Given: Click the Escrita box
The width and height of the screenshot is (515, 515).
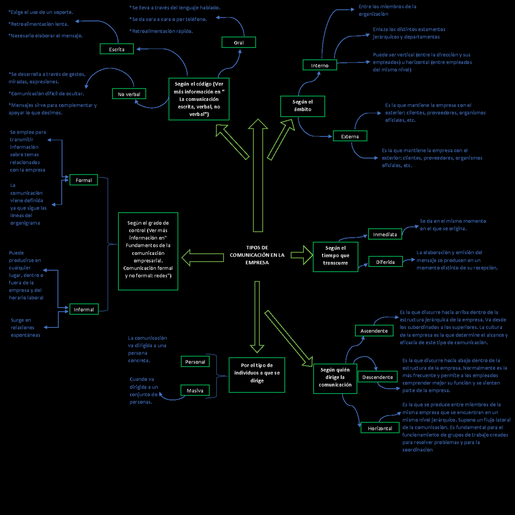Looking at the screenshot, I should click(x=117, y=49).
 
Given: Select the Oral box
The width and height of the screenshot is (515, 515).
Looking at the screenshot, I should click(x=239, y=42).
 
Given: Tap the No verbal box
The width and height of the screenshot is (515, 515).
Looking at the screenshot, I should click(x=129, y=94).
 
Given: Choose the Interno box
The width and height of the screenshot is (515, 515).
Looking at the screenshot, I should click(x=320, y=65).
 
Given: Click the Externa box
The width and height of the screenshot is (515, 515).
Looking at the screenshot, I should click(x=350, y=136).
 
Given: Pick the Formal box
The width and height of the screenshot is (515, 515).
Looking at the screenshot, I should click(x=84, y=180).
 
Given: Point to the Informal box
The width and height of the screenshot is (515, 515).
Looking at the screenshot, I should click(x=84, y=309).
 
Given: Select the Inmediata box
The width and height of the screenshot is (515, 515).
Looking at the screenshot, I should click(x=385, y=234).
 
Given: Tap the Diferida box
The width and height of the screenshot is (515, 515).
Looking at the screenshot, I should click(x=385, y=262).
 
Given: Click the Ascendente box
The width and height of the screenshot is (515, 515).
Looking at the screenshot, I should click(x=374, y=331).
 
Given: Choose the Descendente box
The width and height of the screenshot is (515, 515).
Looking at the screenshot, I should click(x=378, y=377).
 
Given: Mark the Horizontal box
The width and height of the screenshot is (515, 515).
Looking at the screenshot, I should click(x=380, y=428).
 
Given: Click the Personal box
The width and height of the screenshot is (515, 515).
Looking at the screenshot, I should click(x=195, y=362).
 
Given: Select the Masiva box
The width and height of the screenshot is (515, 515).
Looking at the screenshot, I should click(x=195, y=391).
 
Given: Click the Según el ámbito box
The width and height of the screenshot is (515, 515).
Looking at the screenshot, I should click(x=303, y=106).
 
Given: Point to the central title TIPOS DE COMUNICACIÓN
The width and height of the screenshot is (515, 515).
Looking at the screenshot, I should click(x=257, y=255).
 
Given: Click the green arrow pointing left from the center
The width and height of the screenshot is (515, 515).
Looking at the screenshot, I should click(x=202, y=257).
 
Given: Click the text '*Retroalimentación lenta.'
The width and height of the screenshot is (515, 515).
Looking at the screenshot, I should click(x=38, y=24).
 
